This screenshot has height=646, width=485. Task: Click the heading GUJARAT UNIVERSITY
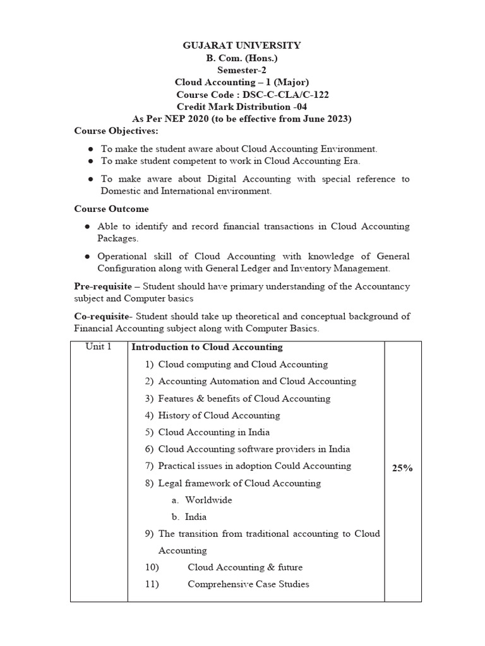pyautogui.click(x=242, y=45)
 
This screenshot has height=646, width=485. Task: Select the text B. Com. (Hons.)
pyautogui.click(x=242, y=57)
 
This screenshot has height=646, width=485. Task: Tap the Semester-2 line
pyautogui.click(x=242, y=70)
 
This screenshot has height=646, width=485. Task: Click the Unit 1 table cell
pyautogui.click(x=99, y=347)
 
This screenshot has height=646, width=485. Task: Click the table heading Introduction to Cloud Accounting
pyautogui.click(x=207, y=348)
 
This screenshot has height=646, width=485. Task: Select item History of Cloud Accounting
pyautogui.click(x=219, y=416)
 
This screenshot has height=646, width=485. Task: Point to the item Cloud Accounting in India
pyautogui.click(x=213, y=432)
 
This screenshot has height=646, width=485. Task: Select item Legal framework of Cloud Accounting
pyautogui.click(x=239, y=483)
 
